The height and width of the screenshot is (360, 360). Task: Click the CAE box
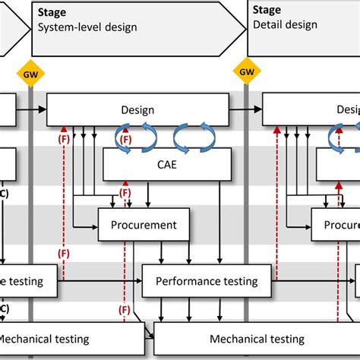coord(167,164)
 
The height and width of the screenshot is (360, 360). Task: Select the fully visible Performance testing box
coord(207,281)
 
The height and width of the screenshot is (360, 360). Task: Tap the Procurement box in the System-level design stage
coord(144,225)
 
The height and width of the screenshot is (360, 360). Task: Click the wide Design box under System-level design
coord(137,110)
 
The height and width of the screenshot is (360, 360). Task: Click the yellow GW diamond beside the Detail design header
coord(247,73)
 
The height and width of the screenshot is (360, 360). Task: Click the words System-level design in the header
coord(87,28)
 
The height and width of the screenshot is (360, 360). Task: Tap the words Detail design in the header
coord(285,25)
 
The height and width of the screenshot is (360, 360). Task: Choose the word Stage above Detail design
coord(268,11)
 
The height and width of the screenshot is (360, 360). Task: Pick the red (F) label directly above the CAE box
coord(125,140)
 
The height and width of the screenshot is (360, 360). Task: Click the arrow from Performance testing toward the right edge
coord(311,281)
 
